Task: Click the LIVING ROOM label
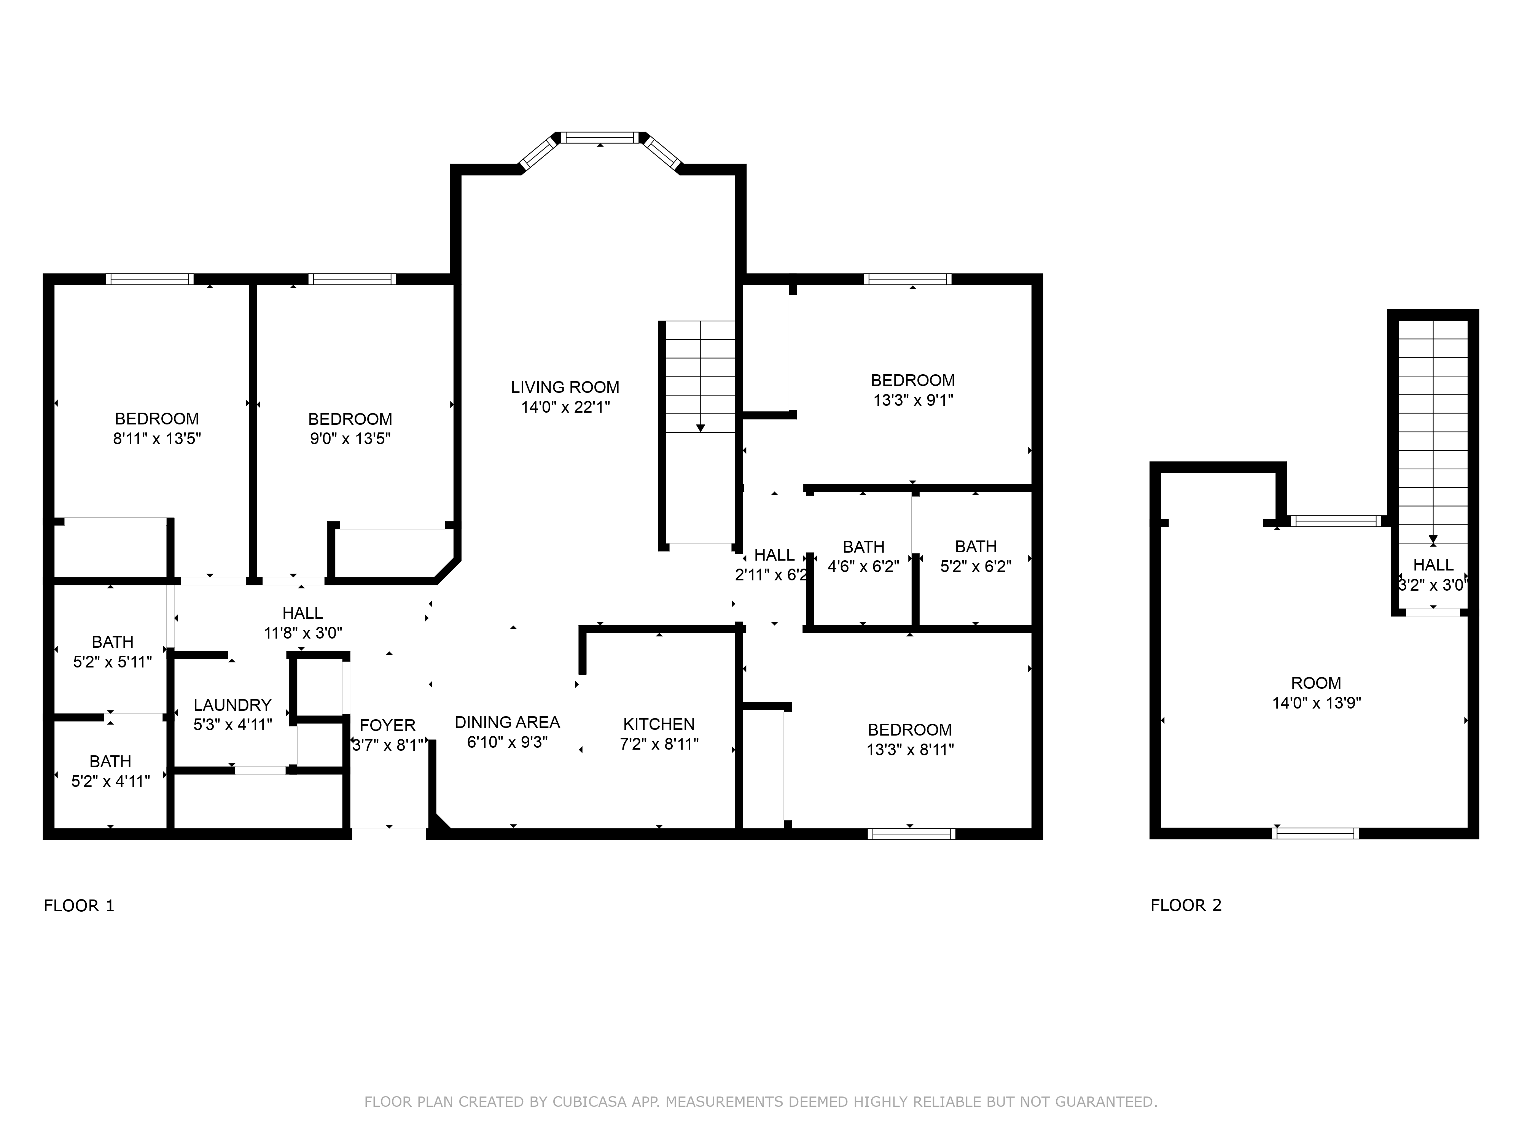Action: pyautogui.click(x=565, y=387)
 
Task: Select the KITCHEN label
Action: pyautogui.click(x=659, y=724)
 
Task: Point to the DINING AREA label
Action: pyautogui.click(x=507, y=722)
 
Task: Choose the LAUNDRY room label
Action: pyautogui.click(x=232, y=705)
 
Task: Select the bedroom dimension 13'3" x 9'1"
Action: pyautogui.click(x=913, y=400)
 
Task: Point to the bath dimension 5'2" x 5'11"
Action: pyautogui.click(x=112, y=662)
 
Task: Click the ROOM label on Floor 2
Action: pyautogui.click(x=1316, y=683)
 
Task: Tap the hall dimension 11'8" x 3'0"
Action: pyautogui.click(x=303, y=633)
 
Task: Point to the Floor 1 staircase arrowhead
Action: pyautogui.click(x=701, y=429)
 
